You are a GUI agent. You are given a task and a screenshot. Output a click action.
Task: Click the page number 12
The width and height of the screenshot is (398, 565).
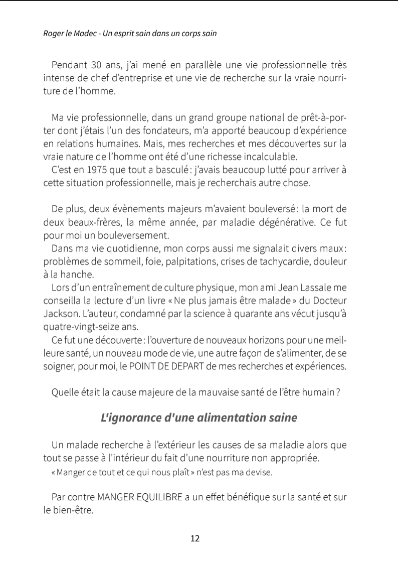(195, 539)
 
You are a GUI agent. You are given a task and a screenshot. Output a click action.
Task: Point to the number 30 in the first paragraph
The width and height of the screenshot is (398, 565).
(92, 65)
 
